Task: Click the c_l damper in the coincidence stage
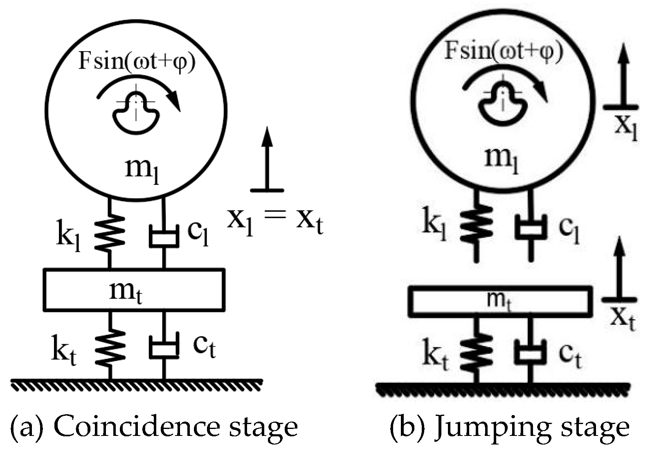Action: pos(164,236)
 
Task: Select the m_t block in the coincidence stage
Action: pos(134,290)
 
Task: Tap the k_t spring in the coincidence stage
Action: pos(110,346)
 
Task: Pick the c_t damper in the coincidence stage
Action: pos(164,348)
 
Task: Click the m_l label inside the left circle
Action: pos(142,170)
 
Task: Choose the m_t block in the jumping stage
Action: pos(500,302)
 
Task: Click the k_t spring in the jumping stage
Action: pos(476,351)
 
